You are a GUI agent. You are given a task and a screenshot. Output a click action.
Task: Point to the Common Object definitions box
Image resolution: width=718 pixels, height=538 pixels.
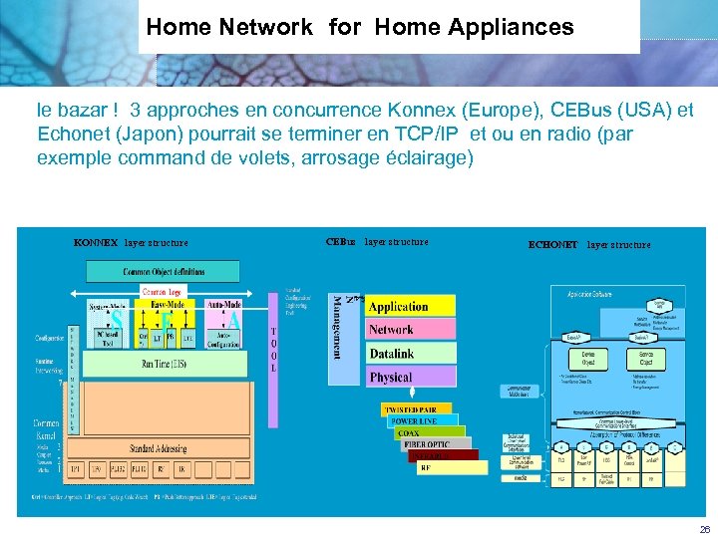click(x=165, y=271)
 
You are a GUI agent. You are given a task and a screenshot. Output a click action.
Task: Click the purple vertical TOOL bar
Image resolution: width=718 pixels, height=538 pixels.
click(x=274, y=349)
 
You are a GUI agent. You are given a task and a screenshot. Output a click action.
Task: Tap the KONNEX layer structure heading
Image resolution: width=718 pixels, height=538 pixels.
click(x=131, y=242)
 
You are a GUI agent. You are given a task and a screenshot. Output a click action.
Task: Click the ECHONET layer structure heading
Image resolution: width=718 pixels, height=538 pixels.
click(x=588, y=244)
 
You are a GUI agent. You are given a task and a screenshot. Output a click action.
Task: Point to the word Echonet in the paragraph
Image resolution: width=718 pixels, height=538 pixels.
click(x=68, y=134)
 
